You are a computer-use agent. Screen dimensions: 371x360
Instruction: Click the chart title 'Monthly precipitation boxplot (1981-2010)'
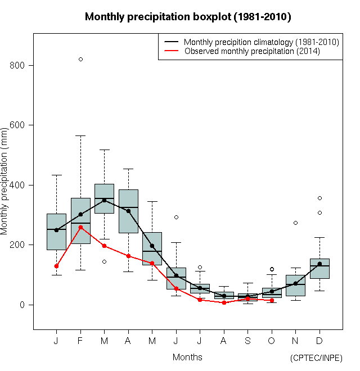(188, 17)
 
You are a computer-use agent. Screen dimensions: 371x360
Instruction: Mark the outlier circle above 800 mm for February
(80, 59)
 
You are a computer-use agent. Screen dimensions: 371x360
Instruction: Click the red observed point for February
(80, 227)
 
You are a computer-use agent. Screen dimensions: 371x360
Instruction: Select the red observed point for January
(56, 266)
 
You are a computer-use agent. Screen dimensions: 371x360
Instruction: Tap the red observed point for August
(224, 302)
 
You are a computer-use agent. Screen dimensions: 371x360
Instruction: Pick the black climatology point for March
(104, 200)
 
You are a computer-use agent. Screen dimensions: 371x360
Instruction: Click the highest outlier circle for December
(319, 198)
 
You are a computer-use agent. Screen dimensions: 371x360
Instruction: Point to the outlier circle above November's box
(295, 223)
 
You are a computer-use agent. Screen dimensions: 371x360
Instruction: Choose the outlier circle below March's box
(104, 261)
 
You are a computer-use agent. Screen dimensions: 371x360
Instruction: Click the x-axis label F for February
(80, 341)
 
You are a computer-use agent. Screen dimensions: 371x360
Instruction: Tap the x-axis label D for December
(319, 341)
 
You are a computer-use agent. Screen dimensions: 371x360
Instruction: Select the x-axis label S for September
(247, 341)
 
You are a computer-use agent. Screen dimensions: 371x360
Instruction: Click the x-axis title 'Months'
(187, 357)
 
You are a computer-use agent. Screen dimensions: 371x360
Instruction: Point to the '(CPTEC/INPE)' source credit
(316, 358)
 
